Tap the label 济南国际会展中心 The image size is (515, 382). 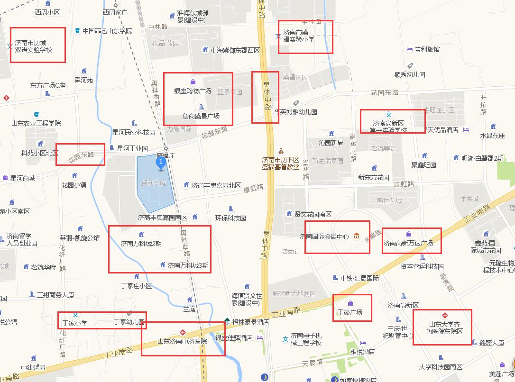click(324, 236)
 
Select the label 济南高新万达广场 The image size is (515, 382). click(408, 243)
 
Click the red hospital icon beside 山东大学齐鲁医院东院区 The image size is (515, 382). click(445, 315)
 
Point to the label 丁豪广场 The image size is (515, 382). click(349, 312)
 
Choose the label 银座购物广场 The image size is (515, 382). click(192, 91)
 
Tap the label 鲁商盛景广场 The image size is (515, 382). click(201, 116)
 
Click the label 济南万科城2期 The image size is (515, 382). click(141, 244)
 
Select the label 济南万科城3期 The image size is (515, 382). click(188, 265)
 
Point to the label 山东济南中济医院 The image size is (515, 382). click(182, 341)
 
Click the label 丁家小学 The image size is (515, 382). click(75, 323)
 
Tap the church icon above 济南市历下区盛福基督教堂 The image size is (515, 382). click(281, 151)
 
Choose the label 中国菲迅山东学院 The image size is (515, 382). click(107, 31)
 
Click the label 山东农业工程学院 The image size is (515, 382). click(37, 123)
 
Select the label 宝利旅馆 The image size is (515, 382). click(427, 49)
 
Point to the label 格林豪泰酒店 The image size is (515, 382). click(250, 321)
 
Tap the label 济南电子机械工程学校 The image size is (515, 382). click(306, 339)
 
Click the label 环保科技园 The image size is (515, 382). click(230, 218)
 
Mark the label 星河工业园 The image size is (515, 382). click(132, 148)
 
